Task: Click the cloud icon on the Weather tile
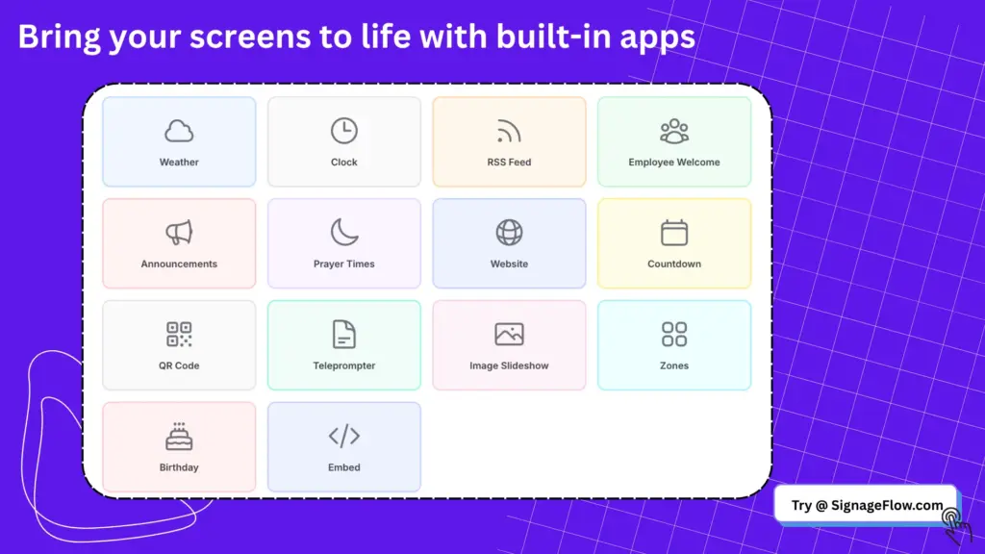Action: pos(179,131)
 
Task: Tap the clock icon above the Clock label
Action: pos(344,131)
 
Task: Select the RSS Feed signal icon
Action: pos(509,131)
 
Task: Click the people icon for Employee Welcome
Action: pos(674,131)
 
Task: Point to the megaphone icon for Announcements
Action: pos(179,233)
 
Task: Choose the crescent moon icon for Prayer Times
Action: pos(344,233)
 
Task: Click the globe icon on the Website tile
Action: pos(509,233)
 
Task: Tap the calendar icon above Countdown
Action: pos(674,233)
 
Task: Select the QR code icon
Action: pos(179,334)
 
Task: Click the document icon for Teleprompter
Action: pos(344,334)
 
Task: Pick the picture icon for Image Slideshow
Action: pos(509,334)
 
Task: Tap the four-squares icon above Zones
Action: pos(674,334)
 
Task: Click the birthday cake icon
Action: pos(179,436)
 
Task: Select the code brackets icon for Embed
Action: pos(344,436)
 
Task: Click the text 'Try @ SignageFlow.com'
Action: pos(867,505)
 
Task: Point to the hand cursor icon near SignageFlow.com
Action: pos(956,525)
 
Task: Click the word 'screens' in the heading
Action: pos(250,38)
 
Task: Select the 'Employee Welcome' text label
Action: pos(674,162)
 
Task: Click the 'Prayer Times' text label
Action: pos(344,264)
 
